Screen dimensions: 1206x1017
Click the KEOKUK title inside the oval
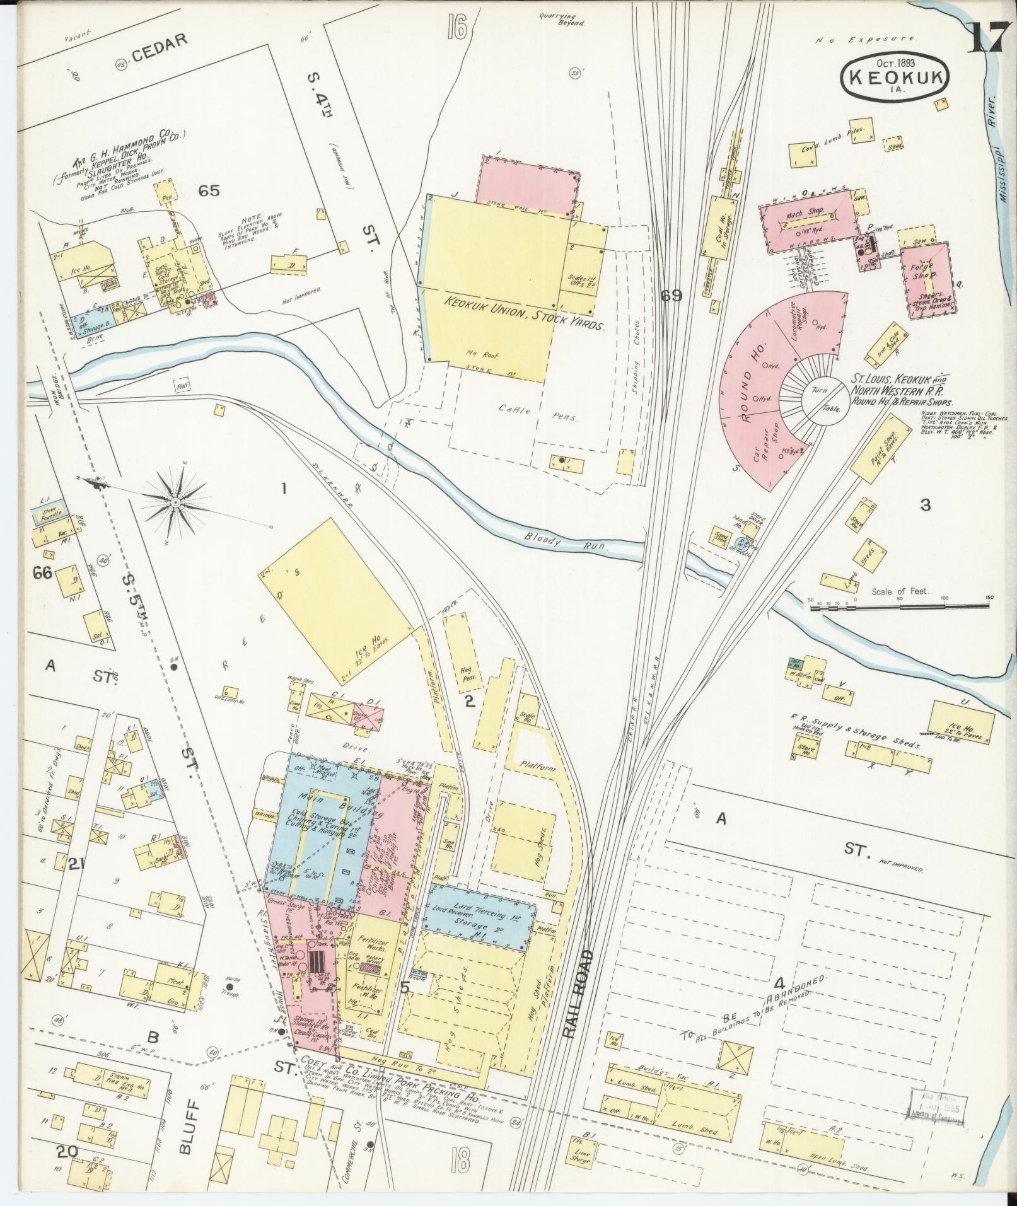pos(895,76)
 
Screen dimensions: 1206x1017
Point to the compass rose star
pos(175,501)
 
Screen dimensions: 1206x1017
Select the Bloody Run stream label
pos(565,542)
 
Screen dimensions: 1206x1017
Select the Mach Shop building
pos(802,219)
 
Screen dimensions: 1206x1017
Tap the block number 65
pos(209,190)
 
